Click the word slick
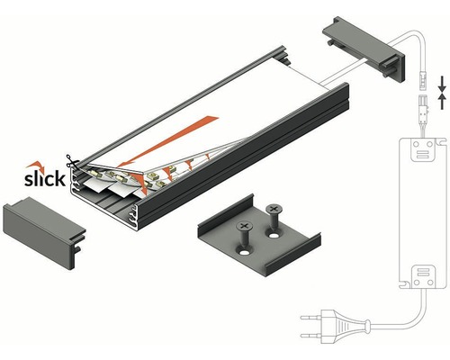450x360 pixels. pos(45,179)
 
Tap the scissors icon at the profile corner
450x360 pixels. pos(71,162)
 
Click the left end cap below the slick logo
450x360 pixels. pos(44,232)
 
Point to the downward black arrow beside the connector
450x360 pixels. pos(442,85)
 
